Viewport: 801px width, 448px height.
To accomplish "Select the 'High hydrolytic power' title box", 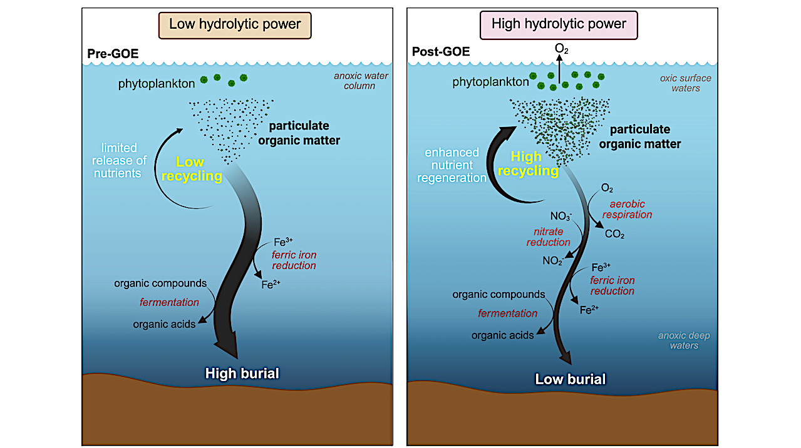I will (x=559, y=25).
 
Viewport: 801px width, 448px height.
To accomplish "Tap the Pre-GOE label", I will (x=113, y=54).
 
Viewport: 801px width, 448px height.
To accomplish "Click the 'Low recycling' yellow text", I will (x=191, y=169).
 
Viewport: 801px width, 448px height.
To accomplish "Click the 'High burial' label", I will (x=242, y=374).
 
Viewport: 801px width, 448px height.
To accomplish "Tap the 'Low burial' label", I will (x=570, y=379).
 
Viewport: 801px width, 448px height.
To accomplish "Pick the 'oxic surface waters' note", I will (x=680, y=83).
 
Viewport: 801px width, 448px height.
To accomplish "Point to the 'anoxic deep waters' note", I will (x=683, y=340).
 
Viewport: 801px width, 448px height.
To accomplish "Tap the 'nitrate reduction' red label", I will (x=549, y=237).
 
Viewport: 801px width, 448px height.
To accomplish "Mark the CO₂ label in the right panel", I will (x=614, y=235).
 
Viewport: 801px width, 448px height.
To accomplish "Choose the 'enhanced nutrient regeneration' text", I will (x=455, y=165).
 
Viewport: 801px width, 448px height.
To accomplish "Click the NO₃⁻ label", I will (x=561, y=217).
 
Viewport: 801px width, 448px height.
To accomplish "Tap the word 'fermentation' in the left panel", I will (x=169, y=302).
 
